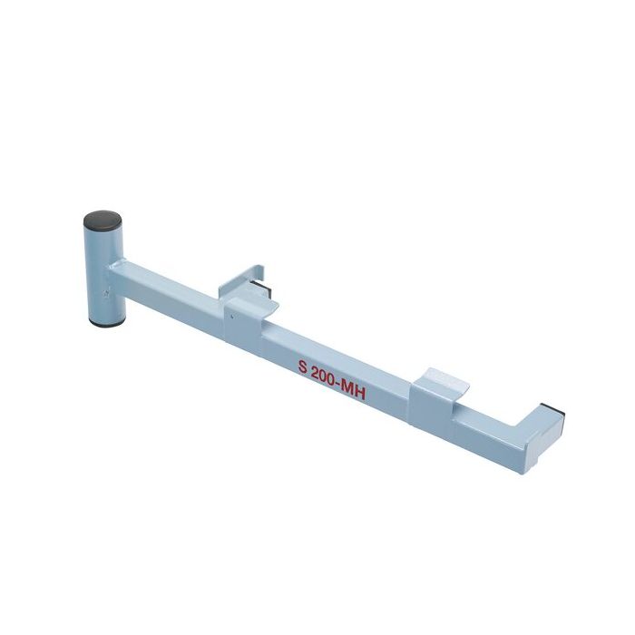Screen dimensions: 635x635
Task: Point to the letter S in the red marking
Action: click(303, 368)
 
